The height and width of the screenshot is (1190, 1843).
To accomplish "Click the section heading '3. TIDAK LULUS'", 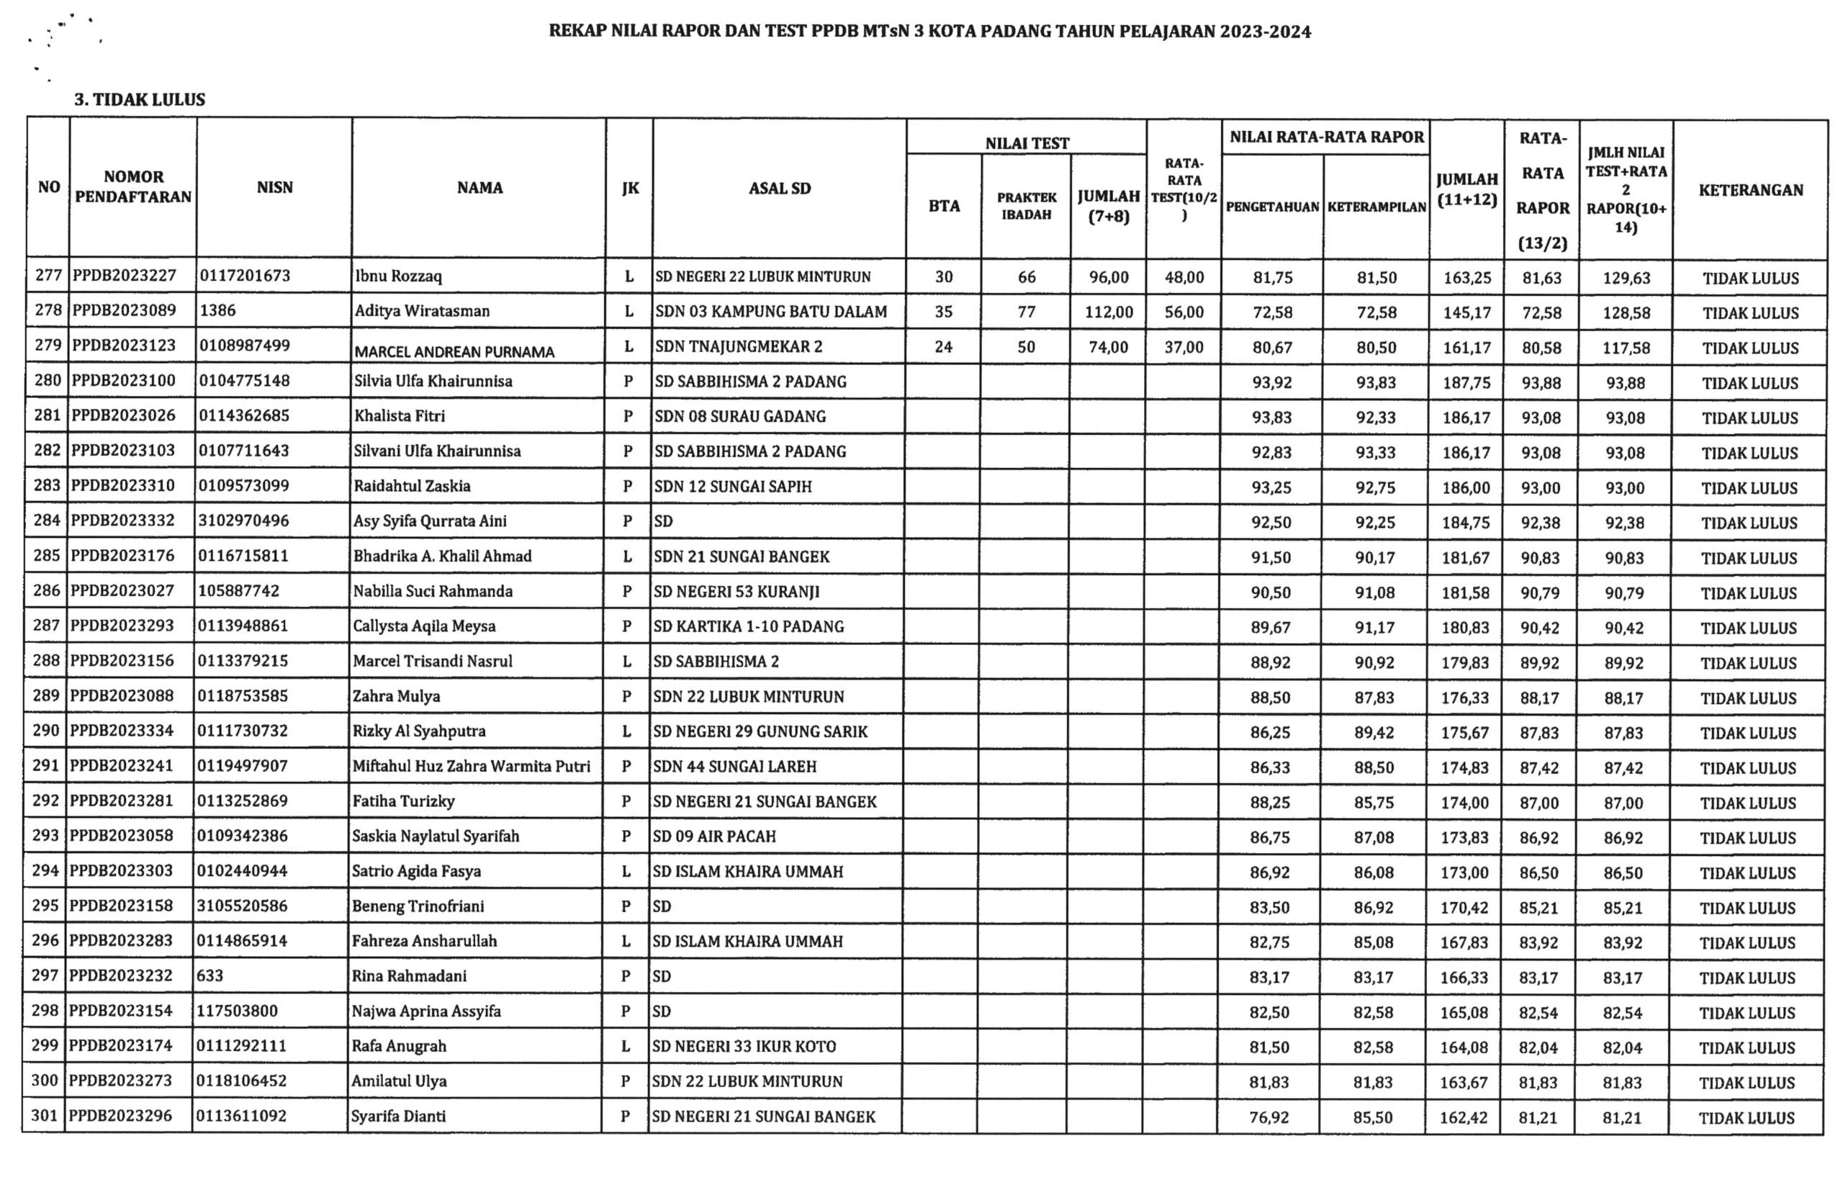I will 140,99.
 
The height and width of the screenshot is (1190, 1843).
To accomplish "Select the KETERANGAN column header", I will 1750,190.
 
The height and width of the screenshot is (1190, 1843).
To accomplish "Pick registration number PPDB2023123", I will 124,346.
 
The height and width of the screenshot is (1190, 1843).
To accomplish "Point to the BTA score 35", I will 944,312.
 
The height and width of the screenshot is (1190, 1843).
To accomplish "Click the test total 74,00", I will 1108,348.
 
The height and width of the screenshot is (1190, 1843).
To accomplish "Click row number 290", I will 46,731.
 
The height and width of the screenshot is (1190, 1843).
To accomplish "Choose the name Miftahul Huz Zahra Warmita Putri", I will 472,767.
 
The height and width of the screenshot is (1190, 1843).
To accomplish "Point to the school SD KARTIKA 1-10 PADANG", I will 748,627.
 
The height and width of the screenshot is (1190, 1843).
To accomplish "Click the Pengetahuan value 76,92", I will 1269,1117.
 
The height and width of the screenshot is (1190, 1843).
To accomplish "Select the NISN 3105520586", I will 242,906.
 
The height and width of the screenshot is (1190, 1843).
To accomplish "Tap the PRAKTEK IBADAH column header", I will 1026,207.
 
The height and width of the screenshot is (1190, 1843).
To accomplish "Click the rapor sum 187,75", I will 1466,383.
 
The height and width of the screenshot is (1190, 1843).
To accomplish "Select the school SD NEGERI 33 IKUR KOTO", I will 744,1047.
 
